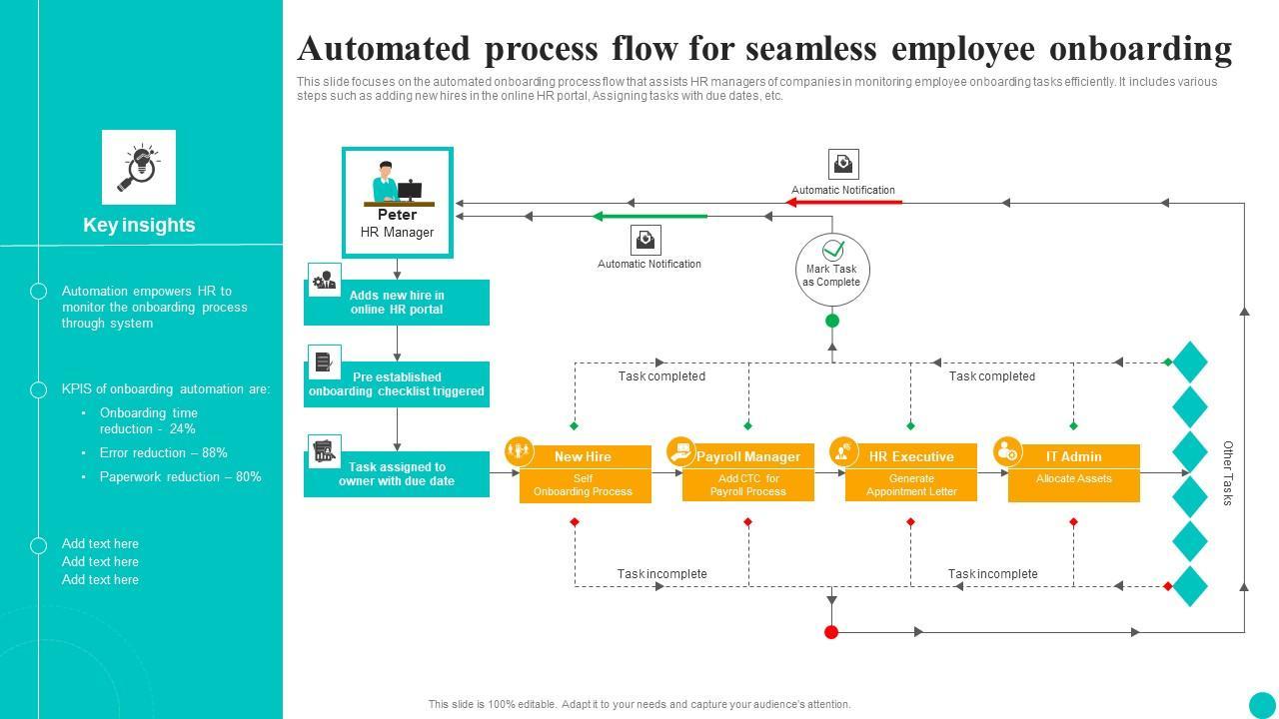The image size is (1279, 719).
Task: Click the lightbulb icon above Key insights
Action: tap(139, 167)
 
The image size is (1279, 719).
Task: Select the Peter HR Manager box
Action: tap(398, 202)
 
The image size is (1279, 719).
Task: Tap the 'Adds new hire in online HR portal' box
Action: tap(397, 303)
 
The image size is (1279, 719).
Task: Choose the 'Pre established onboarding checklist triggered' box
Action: tap(397, 384)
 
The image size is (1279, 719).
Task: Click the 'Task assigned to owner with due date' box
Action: tap(397, 474)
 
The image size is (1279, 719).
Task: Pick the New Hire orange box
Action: tap(585, 473)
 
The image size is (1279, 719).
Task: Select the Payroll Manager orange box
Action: tap(748, 473)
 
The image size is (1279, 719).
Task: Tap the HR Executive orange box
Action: tap(911, 473)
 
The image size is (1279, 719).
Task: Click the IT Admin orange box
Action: tap(1074, 473)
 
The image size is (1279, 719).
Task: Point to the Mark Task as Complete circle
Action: tap(832, 270)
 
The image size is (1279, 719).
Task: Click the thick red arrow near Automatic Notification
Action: tap(844, 203)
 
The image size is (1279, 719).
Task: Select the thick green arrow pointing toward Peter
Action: tap(650, 216)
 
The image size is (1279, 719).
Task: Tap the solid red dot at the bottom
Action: tap(831, 632)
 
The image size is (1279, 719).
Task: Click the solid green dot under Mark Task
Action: tap(832, 321)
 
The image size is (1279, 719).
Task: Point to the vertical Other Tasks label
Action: tap(1228, 473)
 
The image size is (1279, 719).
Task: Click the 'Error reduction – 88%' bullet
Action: tap(164, 452)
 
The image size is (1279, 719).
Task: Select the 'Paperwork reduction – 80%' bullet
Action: tap(180, 476)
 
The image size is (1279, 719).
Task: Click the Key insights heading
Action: tap(139, 226)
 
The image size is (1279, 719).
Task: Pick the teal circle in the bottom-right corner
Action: tap(1262, 704)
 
